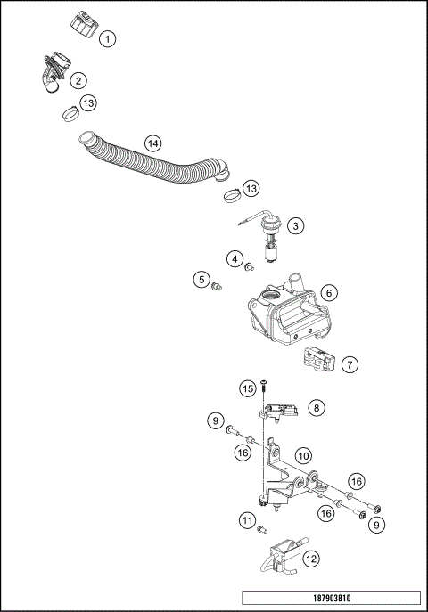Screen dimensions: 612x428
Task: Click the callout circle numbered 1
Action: (x=107, y=38)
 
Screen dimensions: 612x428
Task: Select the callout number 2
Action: (x=79, y=80)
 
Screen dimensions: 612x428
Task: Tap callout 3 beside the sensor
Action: (x=295, y=226)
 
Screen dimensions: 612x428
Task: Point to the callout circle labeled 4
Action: (x=235, y=259)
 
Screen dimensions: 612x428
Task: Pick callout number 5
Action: (x=202, y=281)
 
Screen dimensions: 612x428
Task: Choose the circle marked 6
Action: (x=329, y=292)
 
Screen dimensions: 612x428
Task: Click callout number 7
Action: (x=350, y=364)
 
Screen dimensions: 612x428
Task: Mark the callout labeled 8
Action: (x=317, y=407)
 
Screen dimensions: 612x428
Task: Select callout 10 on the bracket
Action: (x=303, y=455)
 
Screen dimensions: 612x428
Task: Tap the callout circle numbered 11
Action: (x=247, y=519)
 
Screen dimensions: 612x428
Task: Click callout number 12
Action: (x=310, y=559)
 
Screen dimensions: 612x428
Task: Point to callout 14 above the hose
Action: (x=152, y=143)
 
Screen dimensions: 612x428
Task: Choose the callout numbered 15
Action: (x=248, y=388)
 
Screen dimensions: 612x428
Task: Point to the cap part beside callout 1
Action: (x=82, y=23)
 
